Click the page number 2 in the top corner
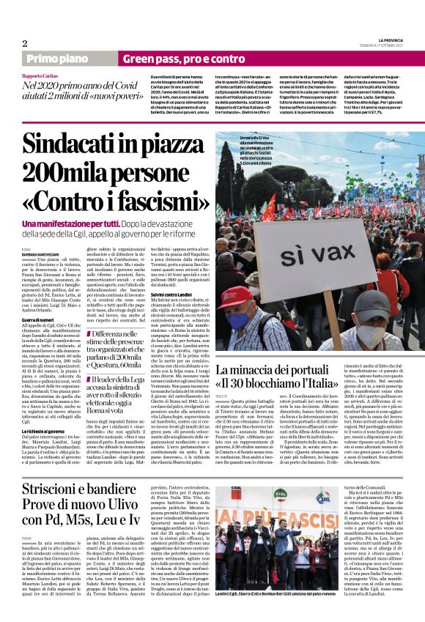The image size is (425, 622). pyautogui.click(x=25, y=44)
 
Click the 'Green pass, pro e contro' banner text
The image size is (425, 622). pyautogui.click(x=173, y=59)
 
